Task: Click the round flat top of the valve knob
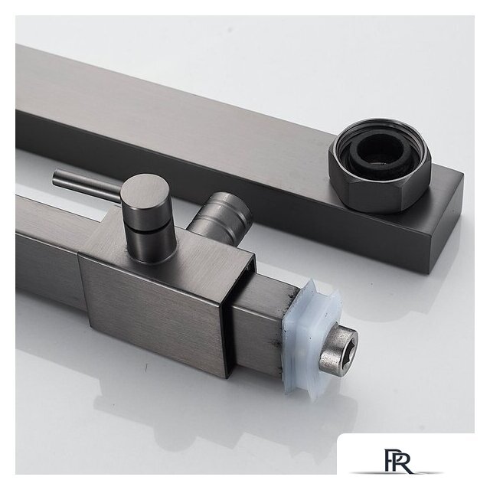tap(145, 197)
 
